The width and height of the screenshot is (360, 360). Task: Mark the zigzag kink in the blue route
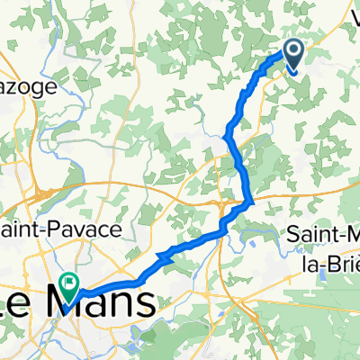165,256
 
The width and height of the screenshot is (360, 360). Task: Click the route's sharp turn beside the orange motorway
248,202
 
